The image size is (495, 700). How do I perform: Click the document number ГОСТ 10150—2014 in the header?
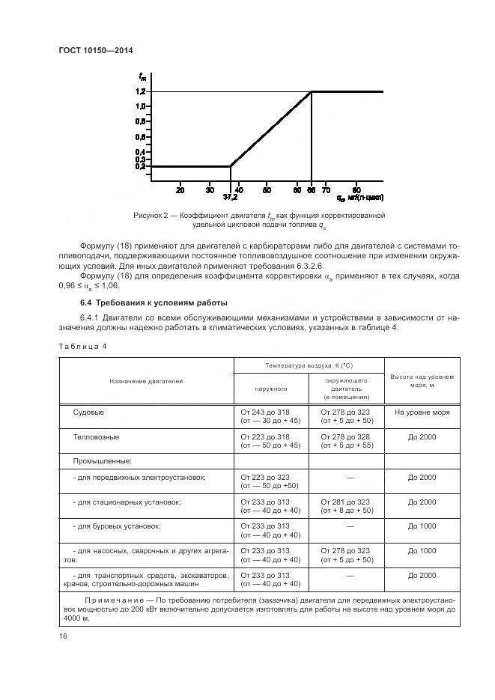coord(100,51)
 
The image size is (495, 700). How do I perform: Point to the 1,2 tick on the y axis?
coord(140,91)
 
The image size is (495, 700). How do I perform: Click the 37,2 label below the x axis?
coord(231,198)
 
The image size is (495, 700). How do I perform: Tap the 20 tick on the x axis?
coord(180,190)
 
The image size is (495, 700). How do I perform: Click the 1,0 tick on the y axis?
coord(140,106)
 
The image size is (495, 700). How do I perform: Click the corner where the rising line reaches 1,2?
coord(311,91)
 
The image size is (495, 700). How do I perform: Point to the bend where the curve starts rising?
coord(230,166)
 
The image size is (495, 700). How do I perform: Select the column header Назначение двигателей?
coord(146,381)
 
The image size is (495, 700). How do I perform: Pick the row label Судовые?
coord(88,413)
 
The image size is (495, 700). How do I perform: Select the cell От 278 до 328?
coord(345,435)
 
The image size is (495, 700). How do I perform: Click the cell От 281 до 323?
coord(345,502)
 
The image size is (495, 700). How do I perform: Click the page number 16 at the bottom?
coord(63,636)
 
